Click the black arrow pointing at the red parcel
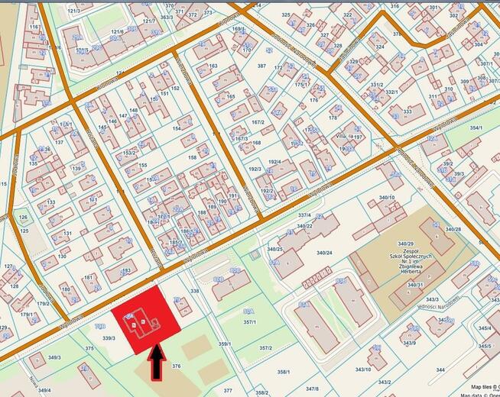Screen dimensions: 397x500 click(x=157, y=363)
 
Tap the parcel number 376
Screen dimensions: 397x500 click(x=176, y=366)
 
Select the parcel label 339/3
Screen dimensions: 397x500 click(x=109, y=337)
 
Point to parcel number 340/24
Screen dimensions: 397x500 click(x=323, y=252)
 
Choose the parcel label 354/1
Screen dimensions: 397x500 click(x=476, y=127)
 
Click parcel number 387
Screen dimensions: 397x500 click(x=261, y=66)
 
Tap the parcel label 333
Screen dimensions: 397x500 click(x=407, y=111)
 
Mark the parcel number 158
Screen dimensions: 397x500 click(x=192, y=157)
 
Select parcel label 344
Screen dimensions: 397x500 click(x=440, y=370)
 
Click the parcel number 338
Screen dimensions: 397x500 click(x=194, y=291)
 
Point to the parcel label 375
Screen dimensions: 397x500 click(x=89, y=348)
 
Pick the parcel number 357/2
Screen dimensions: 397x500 click(x=265, y=348)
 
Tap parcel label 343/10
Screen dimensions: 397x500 click(x=362, y=370)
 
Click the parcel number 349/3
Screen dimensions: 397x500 click(x=54, y=357)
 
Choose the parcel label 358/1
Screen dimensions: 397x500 click(x=283, y=372)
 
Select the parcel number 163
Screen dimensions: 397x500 click(x=213, y=66)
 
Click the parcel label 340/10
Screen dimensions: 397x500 click(x=387, y=198)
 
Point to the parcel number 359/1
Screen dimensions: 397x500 click(x=225, y=344)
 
